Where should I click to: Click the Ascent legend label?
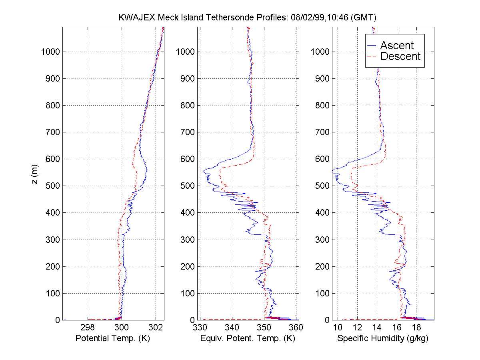(x=397, y=45)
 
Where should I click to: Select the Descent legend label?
(x=400, y=56)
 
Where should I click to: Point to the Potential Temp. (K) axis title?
(x=113, y=338)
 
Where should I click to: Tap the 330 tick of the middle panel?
(x=200, y=327)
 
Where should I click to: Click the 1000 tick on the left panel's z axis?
(x=51, y=52)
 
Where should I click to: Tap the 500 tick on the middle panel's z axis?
(x=188, y=186)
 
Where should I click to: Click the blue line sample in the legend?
(x=372, y=45)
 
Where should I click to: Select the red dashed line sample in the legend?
(x=372, y=56)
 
